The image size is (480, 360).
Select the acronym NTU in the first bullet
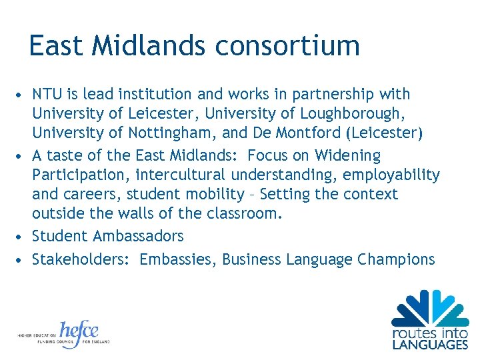pyautogui.click(x=47, y=95)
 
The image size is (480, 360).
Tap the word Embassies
pyautogui.click(x=178, y=259)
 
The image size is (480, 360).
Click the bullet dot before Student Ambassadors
pyautogui.click(x=22, y=236)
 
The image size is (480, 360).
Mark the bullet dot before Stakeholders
pyautogui.click(x=22, y=259)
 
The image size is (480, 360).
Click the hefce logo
pyautogui.click(x=79, y=333)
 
